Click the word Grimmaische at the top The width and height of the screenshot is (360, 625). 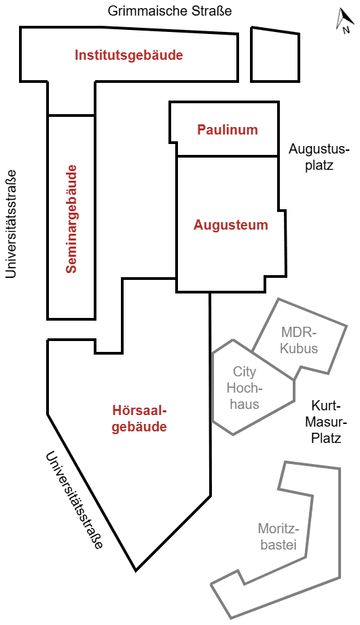[145, 11]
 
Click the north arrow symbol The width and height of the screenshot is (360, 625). [344, 21]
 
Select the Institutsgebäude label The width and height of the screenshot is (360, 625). [129, 55]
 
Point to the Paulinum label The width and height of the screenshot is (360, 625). [228, 130]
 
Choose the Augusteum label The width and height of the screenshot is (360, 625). [231, 225]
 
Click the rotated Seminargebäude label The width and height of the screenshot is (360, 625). [71, 219]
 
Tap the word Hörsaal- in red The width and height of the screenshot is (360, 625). [139, 410]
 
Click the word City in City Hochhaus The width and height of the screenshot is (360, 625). [245, 372]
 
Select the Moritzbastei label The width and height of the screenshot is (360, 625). [278, 536]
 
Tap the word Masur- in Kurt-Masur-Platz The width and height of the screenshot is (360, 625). [327, 422]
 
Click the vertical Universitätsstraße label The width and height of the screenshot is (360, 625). [11, 224]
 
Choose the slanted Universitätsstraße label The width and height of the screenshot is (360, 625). [74, 500]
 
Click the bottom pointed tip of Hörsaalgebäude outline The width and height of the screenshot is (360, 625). [136, 570]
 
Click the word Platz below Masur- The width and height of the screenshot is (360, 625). [327, 438]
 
